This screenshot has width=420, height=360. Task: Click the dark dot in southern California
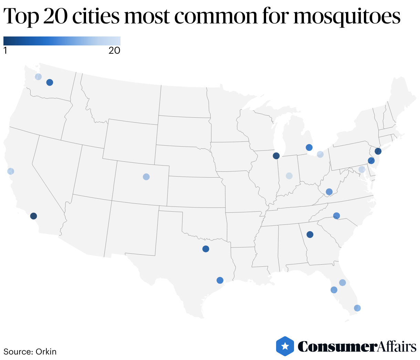click(33, 216)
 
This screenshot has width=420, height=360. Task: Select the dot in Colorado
click(146, 177)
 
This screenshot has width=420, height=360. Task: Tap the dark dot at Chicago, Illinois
click(276, 156)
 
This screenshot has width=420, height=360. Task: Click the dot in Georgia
click(310, 235)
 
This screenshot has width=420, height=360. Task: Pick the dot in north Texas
click(206, 249)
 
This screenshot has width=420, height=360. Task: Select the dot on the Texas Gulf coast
click(220, 280)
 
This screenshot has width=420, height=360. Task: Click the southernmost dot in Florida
click(357, 308)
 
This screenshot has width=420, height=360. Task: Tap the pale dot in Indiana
click(289, 176)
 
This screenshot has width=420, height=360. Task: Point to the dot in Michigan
click(309, 148)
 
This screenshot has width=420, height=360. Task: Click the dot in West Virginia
click(329, 192)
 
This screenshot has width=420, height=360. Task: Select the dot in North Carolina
click(337, 216)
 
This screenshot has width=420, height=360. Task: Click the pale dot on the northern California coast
click(11, 171)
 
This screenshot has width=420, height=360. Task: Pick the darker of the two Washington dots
click(50, 83)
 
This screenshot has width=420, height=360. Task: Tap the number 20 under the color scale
click(114, 51)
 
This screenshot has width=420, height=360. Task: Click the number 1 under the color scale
click(5, 51)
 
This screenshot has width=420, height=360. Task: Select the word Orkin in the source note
click(46, 352)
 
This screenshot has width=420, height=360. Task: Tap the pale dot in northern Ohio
click(320, 155)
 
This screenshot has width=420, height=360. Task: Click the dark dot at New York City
click(378, 151)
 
